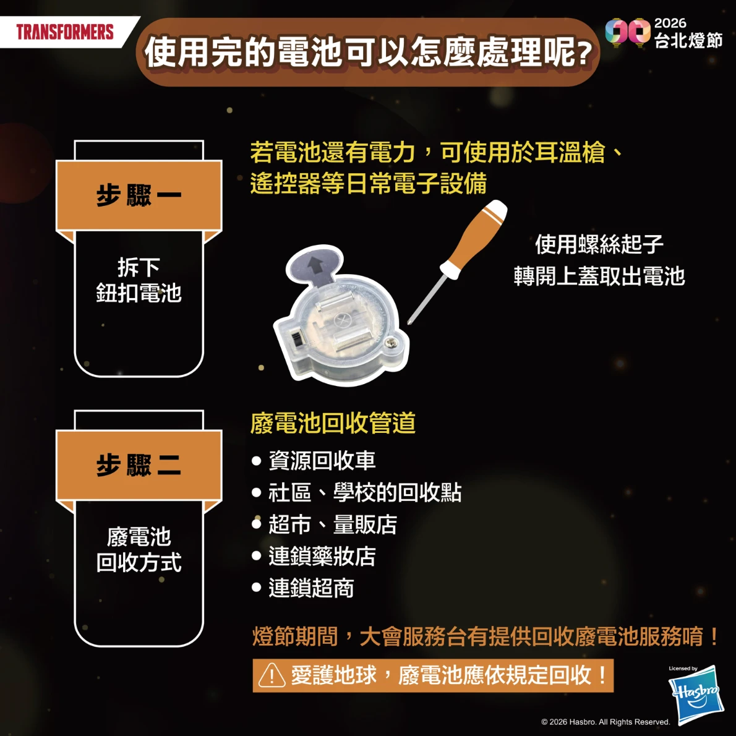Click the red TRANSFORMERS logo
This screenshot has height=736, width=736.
(65, 32)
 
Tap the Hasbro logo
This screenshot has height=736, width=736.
(696, 694)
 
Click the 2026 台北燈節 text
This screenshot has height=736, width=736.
(688, 33)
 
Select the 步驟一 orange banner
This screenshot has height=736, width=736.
(139, 195)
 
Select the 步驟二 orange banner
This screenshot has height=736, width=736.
(139, 465)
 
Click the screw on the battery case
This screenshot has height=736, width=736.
(392, 344)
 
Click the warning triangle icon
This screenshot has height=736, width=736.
(272, 676)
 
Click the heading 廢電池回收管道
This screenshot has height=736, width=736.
(333, 422)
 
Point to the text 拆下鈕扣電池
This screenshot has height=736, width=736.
(139, 280)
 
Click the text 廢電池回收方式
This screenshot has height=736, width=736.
(139, 550)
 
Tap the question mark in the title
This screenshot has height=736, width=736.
(584, 53)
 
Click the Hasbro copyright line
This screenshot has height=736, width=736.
(605, 722)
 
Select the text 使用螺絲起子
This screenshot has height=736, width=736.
(599, 244)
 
